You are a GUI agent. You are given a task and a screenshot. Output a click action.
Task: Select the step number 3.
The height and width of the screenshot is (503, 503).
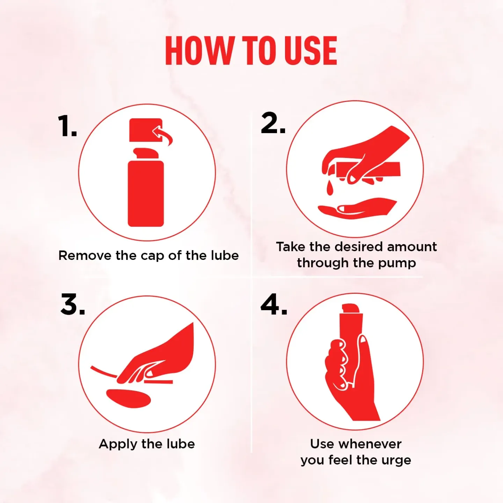tap(72, 304)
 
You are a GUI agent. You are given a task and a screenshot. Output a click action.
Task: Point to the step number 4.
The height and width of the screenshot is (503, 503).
tap(274, 304)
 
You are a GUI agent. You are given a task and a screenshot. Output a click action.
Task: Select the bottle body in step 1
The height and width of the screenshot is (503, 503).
tap(146, 194)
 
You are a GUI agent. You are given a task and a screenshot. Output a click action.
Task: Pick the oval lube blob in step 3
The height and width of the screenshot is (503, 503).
tap(129, 398)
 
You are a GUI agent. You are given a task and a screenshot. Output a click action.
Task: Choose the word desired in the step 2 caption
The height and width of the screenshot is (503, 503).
tap(359, 247)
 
